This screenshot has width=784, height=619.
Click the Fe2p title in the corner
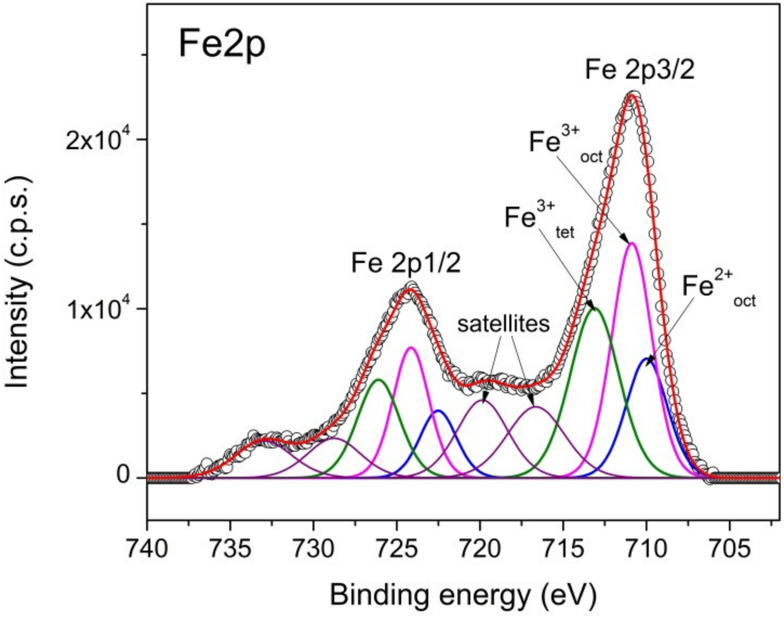pos(222,46)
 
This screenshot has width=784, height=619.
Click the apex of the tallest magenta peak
pos(632,243)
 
